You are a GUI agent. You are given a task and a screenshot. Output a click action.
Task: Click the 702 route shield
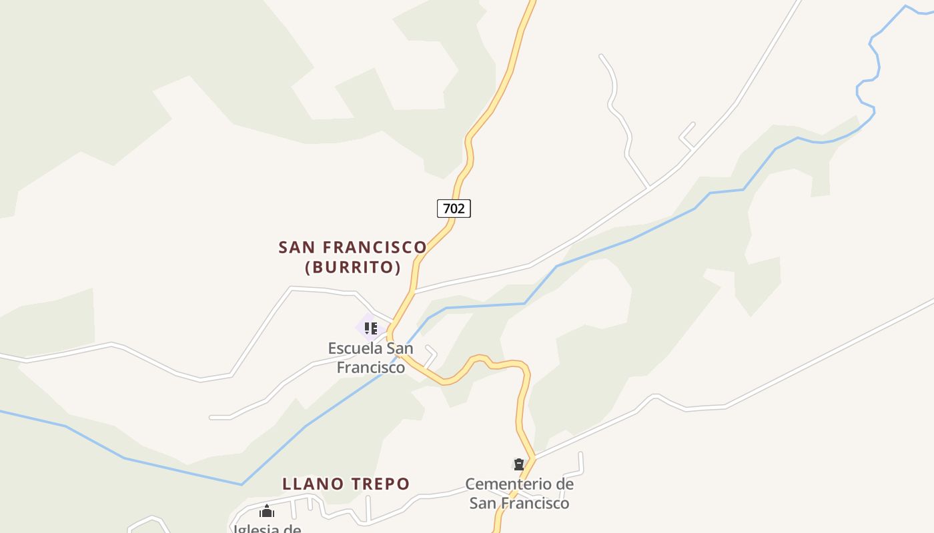coord(454,209)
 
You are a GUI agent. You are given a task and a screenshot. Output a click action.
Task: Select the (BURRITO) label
coord(353,268)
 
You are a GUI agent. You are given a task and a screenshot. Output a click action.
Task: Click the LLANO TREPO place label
coord(346,484)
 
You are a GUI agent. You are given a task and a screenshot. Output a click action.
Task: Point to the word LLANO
coord(313,484)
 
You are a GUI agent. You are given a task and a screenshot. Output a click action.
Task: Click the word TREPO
coord(380,484)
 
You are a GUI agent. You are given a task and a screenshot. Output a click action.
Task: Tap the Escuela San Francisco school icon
coord(370,328)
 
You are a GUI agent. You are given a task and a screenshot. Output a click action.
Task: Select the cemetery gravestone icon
coord(518,464)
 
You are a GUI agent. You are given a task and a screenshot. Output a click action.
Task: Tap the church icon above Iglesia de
coord(267,512)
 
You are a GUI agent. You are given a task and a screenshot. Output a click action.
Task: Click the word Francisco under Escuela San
coord(370,367)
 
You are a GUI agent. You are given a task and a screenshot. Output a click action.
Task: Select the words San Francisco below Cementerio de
coord(519,503)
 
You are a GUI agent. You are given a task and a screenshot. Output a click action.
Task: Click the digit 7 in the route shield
coord(446,209)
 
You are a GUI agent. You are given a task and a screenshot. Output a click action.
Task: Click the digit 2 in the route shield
coord(461,209)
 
